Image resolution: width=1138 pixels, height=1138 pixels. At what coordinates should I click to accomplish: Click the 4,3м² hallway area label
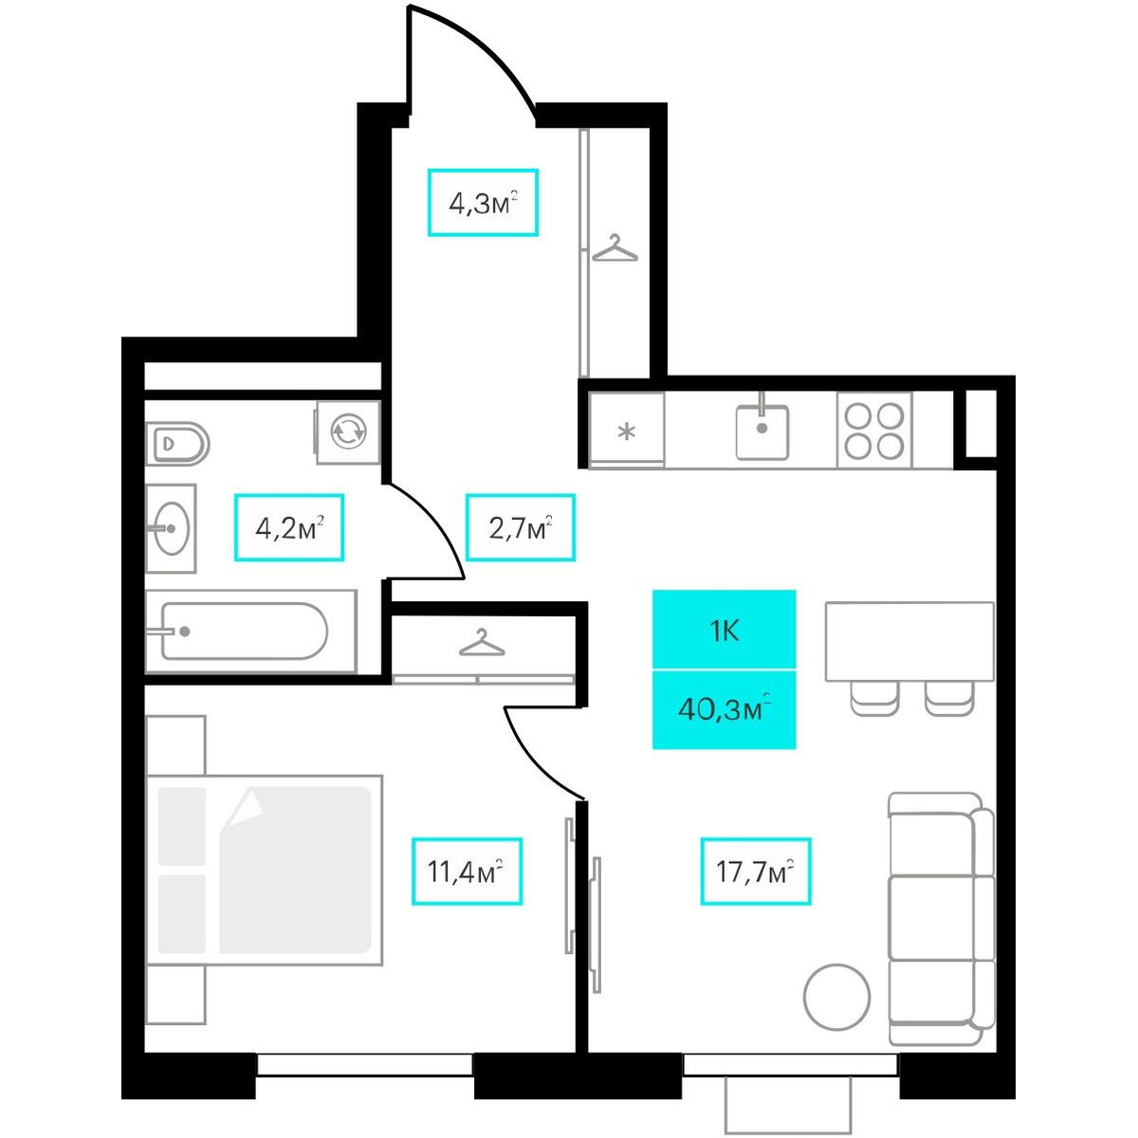coord(483,203)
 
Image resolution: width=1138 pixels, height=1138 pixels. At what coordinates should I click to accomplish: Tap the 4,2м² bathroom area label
coord(289,526)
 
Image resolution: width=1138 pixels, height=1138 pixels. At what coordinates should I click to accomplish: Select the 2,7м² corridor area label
coord(521,526)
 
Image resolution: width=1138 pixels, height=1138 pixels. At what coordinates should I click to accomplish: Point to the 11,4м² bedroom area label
coord(467,872)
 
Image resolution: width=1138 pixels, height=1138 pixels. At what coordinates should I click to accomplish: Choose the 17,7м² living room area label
coord(755,872)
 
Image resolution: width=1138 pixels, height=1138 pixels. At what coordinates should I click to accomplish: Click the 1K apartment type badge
coord(724,630)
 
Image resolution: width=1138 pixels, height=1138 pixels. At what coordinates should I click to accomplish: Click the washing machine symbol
coord(348,432)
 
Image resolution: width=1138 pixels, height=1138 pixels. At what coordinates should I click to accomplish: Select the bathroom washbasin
coord(171,528)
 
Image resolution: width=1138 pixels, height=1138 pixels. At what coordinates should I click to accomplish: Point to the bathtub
coord(250,632)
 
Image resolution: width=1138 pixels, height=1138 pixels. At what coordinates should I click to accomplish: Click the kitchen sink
coord(762,426)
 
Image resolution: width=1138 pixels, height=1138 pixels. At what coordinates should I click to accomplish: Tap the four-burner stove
coord(874,431)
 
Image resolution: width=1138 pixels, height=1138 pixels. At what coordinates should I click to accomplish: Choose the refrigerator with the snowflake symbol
coord(627,431)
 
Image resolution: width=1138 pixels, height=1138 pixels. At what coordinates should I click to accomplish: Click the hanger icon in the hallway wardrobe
coord(615,248)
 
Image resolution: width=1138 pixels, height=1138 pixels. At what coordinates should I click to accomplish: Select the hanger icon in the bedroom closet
coord(482,643)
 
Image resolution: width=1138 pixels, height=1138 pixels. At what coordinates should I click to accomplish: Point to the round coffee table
coord(836,998)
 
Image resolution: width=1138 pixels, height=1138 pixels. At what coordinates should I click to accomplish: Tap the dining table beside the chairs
coord(909,641)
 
